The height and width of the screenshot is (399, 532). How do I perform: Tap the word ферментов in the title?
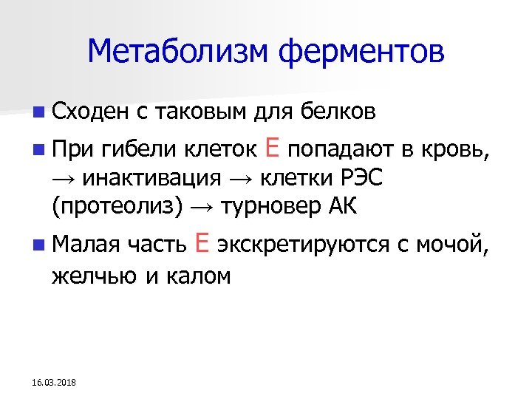coord(363,51)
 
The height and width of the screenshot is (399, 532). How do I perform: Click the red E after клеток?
coord(271,150)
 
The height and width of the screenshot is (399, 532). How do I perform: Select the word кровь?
coord(453,152)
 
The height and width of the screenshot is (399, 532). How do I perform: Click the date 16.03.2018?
coord(58,382)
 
